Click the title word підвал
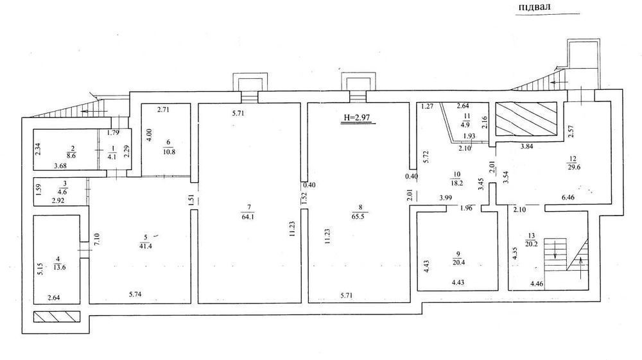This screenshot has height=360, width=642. click(534, 7)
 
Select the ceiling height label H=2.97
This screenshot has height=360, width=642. click(357, 117)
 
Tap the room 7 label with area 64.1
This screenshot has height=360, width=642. click(248, 212)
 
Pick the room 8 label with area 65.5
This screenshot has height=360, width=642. click(360, 212)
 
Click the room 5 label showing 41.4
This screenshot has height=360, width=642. click(146, 242)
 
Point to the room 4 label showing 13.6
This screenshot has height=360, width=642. click(59, 263)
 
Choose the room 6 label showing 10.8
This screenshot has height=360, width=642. click(169, 146)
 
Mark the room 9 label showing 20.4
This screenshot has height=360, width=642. click(458, 259)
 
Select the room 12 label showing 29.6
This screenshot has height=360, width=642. click(573, 163)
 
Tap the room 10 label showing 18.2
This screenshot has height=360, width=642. click(457, 179)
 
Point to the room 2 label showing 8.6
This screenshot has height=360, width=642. click(71, 152)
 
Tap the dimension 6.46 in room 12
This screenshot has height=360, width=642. click(568, 198)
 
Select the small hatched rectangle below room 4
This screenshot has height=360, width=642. click(56, 316)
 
